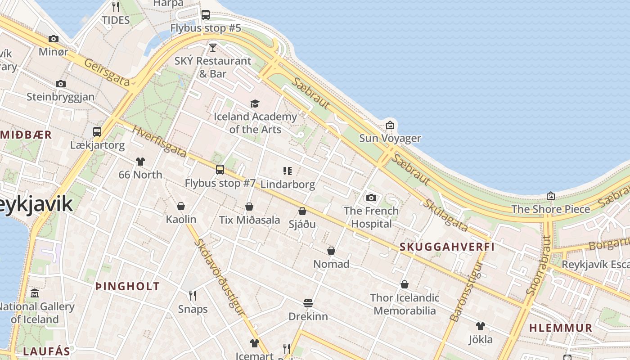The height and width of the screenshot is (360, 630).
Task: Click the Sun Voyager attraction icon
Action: point(390,125)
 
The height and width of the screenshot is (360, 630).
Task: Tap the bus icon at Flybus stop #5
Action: point(206,14)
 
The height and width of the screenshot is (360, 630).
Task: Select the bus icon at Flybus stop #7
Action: point(220,170)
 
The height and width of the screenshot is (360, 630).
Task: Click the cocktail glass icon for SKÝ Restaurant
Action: point(213,47)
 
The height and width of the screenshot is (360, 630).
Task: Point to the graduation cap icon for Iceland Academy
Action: point(255,103)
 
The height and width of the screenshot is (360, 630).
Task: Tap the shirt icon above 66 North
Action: point(140,161)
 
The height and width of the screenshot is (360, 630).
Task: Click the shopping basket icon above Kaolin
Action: point(181,206)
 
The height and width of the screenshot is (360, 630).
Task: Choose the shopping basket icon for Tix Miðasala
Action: point(249,207)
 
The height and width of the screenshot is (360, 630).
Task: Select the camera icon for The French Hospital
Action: point(371,198)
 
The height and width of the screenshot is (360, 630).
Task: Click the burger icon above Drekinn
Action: point(308,303)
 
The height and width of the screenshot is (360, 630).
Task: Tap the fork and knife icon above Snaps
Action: point(193,295)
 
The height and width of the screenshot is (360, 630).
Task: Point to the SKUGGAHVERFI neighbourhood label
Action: point(447,247)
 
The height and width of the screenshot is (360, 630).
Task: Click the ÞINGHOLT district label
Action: point(127,286)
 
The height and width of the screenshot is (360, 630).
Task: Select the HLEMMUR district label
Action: point(561,328)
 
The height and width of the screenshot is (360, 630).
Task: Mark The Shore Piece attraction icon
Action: point(550,196)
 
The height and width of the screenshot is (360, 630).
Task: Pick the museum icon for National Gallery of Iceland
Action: point(35,293)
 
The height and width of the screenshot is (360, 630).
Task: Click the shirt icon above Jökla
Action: point(481,326)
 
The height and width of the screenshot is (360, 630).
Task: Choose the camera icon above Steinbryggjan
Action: point(61,84)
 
